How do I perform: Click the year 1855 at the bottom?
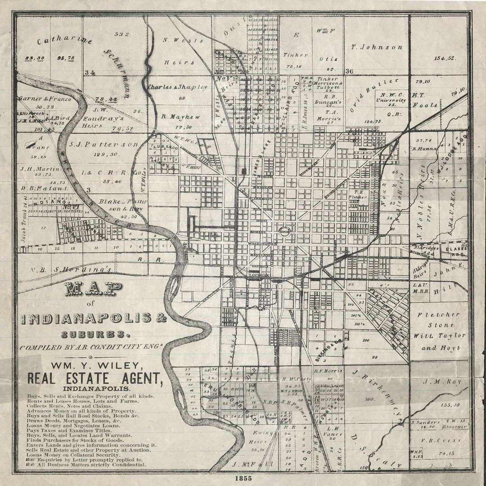click(x=243, y=478)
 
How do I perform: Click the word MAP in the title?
click(x=94, y=290)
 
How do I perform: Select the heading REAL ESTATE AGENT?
click(x=95, y=378)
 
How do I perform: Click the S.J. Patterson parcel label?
click(x=103, y=144)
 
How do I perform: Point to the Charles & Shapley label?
click(x=178, y=87)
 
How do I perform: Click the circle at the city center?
click(x=284, y=231)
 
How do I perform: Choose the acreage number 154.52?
click(x=445, y=58)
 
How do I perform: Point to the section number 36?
click(x=349, y=71)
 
